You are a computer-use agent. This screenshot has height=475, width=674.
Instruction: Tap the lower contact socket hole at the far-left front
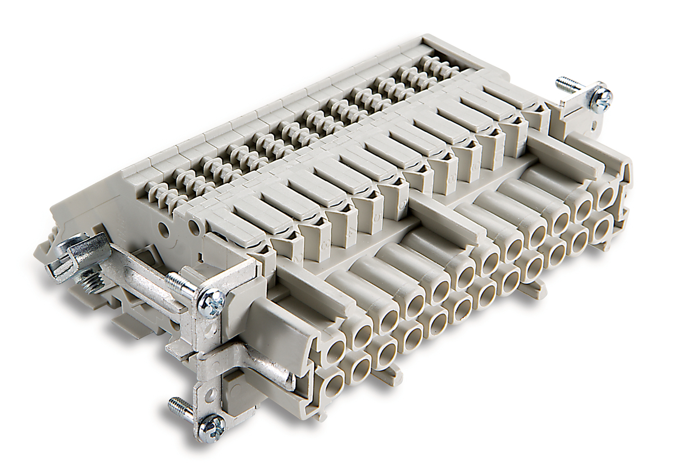pyautogui.click(x=333, y=387)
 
